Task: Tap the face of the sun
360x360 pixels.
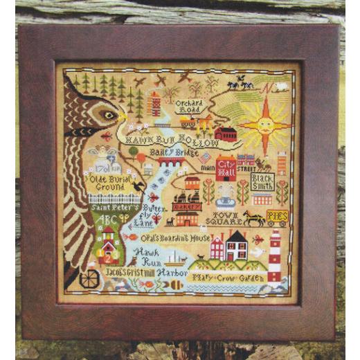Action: click(264, 125)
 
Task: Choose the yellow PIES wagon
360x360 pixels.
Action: click(277, 217)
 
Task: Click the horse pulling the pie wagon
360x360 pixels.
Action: click(253, 218)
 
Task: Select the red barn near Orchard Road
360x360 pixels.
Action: click(226, 133)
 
